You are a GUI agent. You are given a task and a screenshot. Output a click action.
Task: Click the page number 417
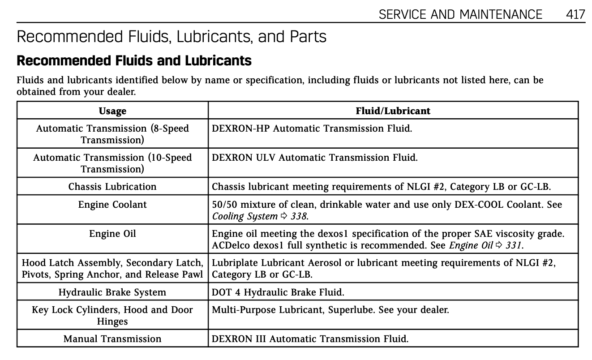coord(575,14)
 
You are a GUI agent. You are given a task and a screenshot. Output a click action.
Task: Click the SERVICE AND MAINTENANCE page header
coord(460,14)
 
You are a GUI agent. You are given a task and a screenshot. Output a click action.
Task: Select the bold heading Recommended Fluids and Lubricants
coord(134,60)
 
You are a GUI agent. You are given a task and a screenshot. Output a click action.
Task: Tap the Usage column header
coord(112,111)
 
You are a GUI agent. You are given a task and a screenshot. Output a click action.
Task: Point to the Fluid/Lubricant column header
coord(393,111)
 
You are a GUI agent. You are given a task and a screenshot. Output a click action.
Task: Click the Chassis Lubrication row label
coord(112,186)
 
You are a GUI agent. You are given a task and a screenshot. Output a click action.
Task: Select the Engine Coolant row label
coord(112,204)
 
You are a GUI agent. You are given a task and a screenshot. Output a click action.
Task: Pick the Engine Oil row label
coord(112,233)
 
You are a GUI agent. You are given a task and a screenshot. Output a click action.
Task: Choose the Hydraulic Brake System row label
coord(112,292)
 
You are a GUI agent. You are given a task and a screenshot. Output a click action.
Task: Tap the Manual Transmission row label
coord(112,339)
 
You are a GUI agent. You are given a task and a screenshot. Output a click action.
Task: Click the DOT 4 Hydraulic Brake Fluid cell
coord(278,292)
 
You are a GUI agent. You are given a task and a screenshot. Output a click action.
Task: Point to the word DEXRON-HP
coord(240,129)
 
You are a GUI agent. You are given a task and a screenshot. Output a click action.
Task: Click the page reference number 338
coord(298,216)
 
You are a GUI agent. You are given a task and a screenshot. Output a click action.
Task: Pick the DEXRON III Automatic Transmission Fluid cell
coord(310,339)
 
